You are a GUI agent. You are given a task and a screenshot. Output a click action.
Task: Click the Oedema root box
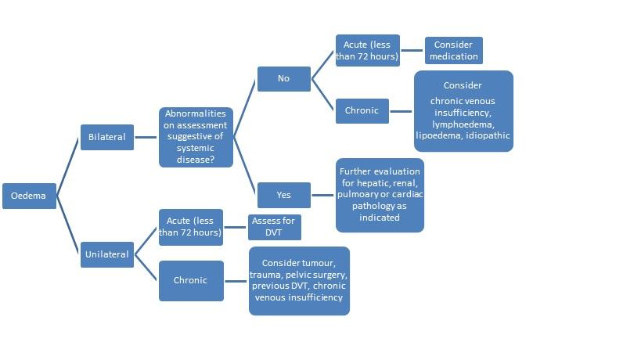29,196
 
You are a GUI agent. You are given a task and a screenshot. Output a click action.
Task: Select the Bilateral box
107,137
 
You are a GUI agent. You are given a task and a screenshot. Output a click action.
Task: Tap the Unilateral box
107,254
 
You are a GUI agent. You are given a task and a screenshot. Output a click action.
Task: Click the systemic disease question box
196,137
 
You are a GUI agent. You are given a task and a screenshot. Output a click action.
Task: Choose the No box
283,78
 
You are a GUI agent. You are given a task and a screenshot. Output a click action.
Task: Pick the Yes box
283,195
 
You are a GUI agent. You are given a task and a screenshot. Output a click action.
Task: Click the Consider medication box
454,50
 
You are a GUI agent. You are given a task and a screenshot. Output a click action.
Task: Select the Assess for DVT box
273,227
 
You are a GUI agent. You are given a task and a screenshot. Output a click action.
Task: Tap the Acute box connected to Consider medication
367,50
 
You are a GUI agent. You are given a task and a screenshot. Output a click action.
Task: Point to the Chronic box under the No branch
362,110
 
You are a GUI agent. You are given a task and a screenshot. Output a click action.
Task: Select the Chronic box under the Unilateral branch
190,280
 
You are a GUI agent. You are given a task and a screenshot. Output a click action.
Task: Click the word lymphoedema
463,124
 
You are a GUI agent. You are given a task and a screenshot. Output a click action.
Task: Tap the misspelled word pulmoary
357,194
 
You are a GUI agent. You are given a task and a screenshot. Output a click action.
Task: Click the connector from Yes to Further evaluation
323,195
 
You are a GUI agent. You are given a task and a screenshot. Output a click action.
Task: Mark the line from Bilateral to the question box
146,137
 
